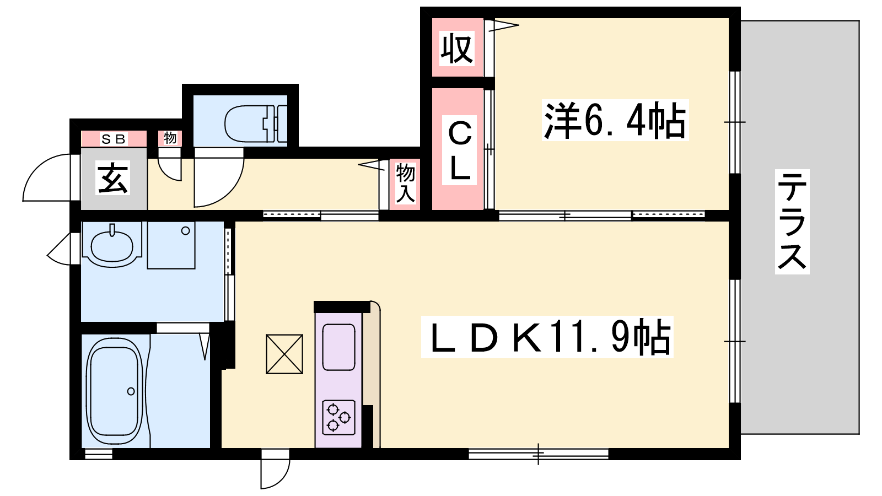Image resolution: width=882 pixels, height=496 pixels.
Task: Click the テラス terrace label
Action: tap(792, 222)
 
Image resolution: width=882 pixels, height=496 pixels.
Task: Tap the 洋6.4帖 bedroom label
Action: tap(615, 121)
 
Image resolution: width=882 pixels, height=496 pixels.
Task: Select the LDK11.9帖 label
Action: tap(547, 337)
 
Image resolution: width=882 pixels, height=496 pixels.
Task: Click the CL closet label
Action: tap(460, 150)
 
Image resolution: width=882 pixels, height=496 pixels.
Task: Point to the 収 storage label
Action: tap(457, 49)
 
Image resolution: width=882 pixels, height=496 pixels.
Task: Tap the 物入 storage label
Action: tap(405, 184)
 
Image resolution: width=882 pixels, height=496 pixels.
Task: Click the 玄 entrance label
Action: tap(113, 179)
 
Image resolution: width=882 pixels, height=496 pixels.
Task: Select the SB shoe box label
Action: tap(114, 138)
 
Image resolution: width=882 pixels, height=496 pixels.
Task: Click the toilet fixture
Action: tap(256, 123)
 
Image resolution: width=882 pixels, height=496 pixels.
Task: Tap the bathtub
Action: tap(115, 391)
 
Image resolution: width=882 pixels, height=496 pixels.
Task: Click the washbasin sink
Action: tap(112, 245)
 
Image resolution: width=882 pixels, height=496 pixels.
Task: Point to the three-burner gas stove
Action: tap(338, 418)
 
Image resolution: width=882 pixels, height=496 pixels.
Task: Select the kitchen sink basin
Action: tap(338, 347)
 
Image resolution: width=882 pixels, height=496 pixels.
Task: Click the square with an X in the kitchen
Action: tap(284, 354)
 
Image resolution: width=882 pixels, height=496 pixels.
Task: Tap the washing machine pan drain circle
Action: tap(185, 231)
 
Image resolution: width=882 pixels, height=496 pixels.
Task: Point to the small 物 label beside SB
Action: tap(170, 138)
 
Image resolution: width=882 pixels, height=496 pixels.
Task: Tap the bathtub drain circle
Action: tap(131, 391)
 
